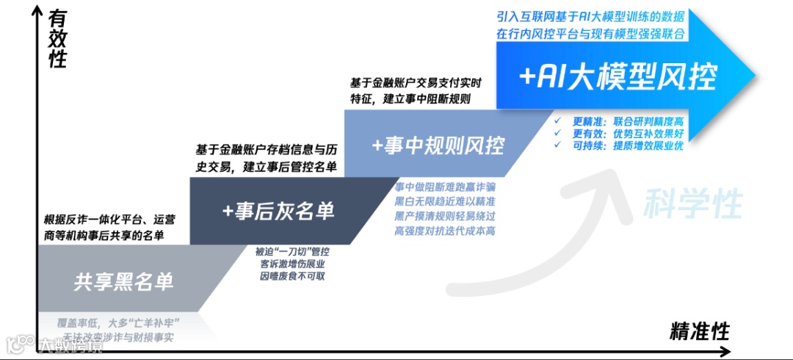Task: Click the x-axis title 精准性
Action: [x=699, y=332]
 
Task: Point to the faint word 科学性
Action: [x=693, y=204]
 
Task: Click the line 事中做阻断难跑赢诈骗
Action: [x=445, y=187]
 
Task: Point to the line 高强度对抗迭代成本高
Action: [x=445, y=231]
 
